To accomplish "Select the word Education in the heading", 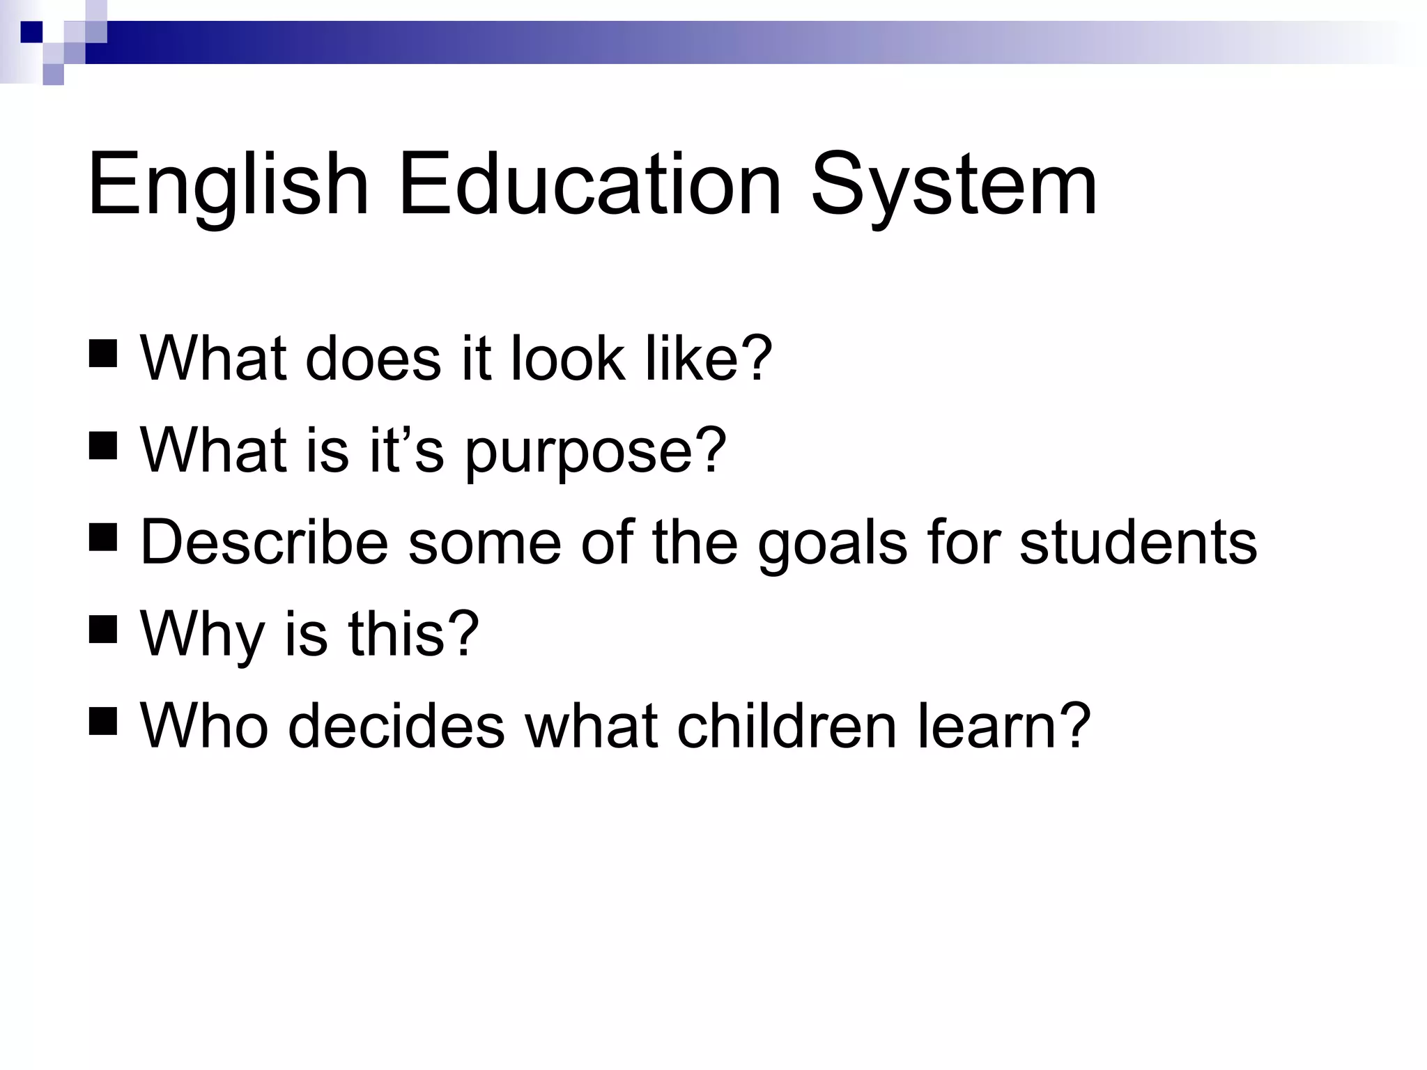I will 589,185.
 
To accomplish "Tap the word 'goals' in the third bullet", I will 833,545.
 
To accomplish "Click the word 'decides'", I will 396,726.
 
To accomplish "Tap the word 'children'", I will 787,726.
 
